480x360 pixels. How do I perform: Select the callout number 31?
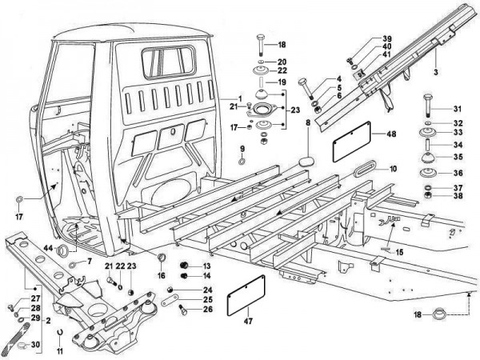458,110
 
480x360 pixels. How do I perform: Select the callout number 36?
458,173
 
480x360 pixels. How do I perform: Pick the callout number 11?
60,350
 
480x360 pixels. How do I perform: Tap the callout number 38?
458,196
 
